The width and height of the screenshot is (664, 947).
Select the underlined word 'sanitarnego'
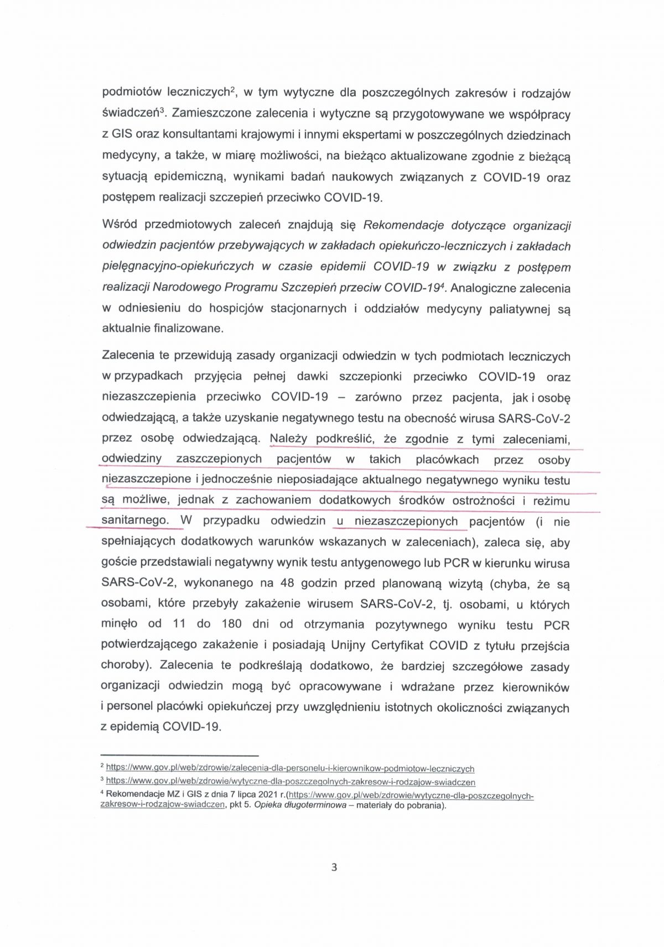135,521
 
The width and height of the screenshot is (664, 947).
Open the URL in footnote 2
290,769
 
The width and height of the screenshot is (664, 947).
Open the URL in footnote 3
290,782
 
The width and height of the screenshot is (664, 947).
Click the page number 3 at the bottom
334,867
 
